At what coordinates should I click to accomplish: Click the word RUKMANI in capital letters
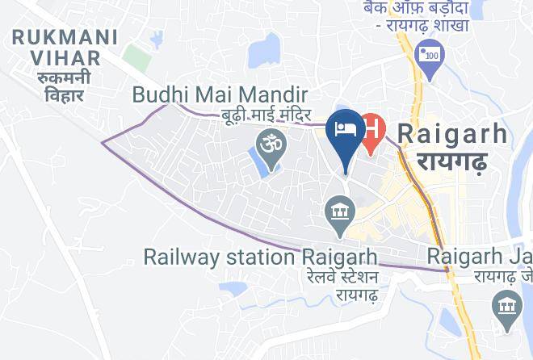pos(65,37)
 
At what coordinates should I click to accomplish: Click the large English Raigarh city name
pos(451,133)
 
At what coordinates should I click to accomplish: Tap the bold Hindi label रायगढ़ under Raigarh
pos(451,162)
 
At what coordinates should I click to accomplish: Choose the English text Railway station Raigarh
pos(261,257)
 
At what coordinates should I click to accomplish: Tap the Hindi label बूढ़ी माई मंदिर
pos(263,114)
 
